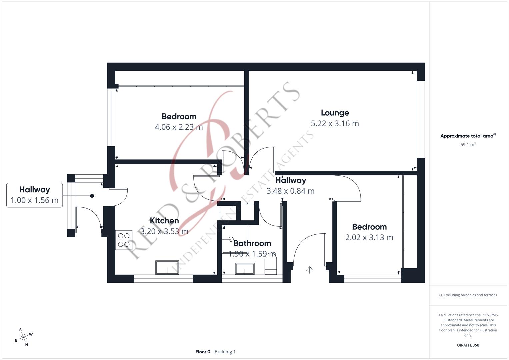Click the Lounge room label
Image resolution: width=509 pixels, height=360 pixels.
335,113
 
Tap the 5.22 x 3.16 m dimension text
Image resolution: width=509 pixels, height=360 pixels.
335,123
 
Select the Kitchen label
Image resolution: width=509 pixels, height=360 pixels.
164,220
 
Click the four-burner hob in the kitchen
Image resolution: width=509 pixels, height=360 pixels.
124,240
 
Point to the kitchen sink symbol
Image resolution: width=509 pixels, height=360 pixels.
167,268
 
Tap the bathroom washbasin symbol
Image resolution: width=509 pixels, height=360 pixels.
245,269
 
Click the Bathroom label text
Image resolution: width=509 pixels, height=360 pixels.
252,243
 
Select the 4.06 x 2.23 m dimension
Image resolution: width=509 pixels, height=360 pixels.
179,127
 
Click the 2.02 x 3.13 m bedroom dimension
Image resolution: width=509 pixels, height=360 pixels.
369,237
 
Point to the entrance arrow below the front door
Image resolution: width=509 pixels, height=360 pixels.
310,270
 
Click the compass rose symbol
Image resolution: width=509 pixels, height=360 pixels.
23,337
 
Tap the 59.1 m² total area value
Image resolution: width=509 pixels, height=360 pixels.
468,145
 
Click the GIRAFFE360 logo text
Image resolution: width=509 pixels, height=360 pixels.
468,345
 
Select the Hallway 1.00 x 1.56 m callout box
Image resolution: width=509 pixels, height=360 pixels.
34,195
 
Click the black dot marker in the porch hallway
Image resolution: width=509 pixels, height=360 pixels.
92,196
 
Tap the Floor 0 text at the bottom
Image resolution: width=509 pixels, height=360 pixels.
203,352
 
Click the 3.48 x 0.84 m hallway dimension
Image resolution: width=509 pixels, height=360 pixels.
290,191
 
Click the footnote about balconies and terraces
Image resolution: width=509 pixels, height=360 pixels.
468,295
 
